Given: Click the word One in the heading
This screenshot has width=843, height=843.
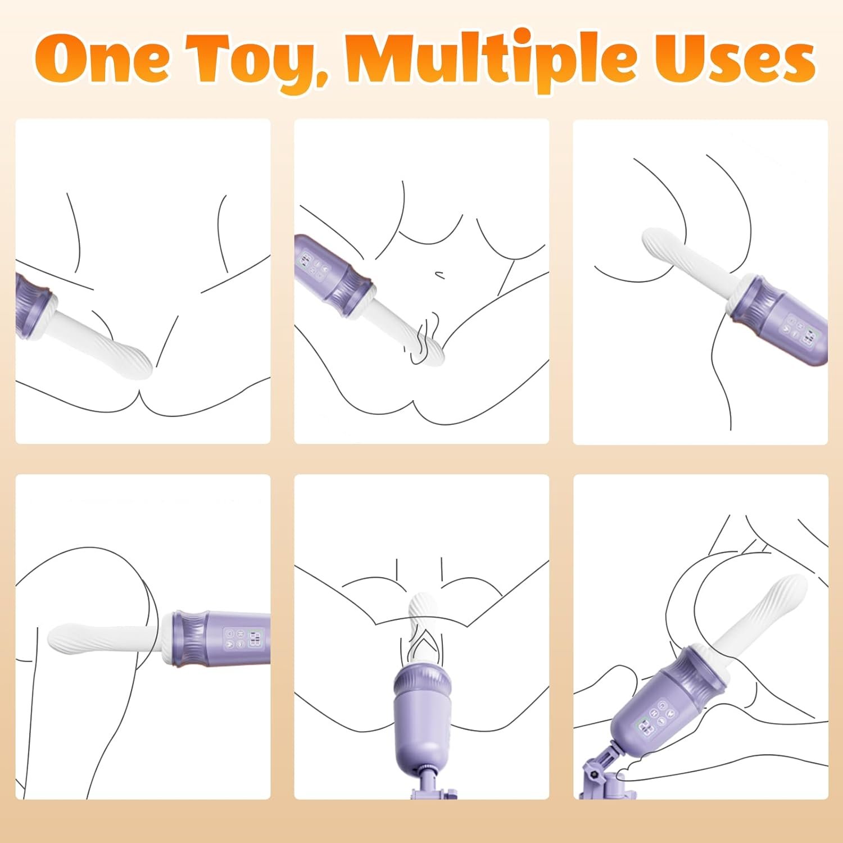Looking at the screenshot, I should [102, 59].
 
